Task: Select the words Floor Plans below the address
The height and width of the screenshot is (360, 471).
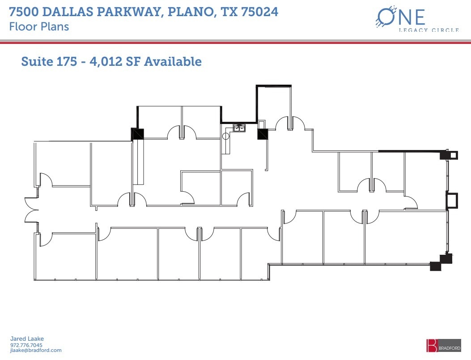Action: click(39, 26)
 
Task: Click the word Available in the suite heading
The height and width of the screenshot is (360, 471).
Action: click(175, 61)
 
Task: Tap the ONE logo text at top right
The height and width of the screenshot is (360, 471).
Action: click(400, 17)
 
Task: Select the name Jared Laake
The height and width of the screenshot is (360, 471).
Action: click(27, 339)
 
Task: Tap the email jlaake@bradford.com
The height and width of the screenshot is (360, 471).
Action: click(35, 351)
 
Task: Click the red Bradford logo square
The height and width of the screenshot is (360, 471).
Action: click(432, 345)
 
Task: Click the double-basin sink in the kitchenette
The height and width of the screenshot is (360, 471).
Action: click(239, 128)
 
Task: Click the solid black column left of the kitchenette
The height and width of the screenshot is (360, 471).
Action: click(137, 133)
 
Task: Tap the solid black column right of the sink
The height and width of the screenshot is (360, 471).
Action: click(263, 134)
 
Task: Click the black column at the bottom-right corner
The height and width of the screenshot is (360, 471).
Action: click(435, 266)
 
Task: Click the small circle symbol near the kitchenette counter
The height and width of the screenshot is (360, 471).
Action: click(226, 136)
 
